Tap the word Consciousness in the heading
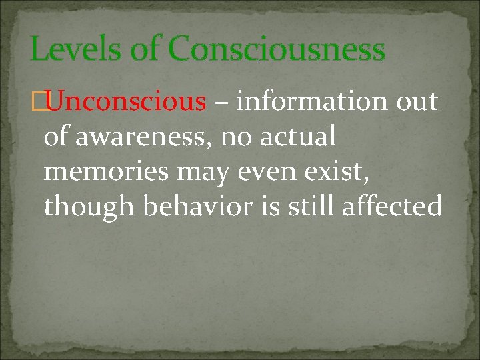276,49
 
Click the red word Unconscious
126,102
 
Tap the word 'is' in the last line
272,207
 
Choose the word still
311,207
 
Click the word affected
391,207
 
